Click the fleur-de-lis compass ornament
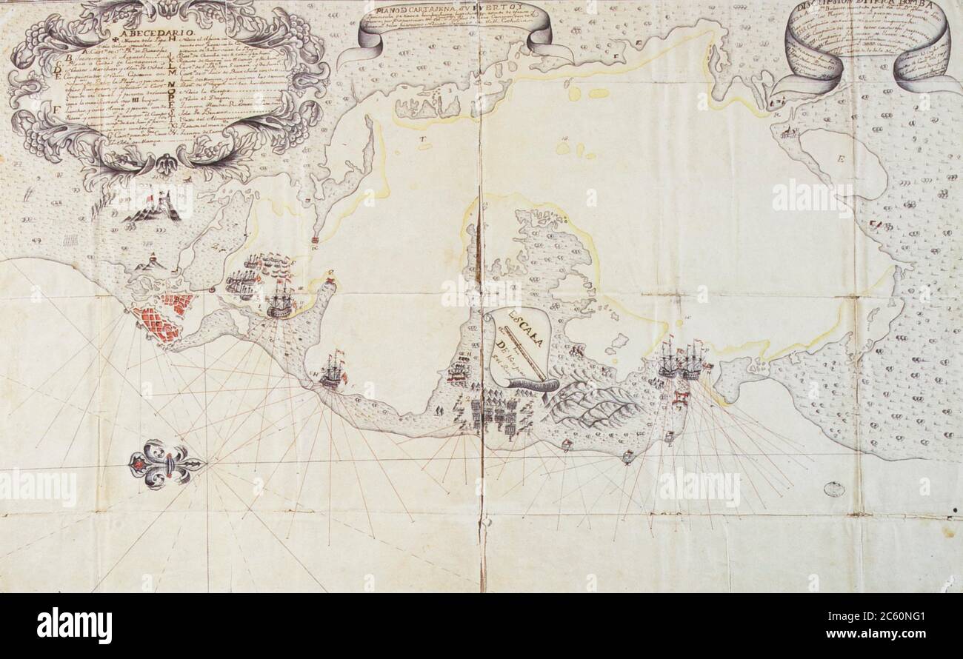point(164,464)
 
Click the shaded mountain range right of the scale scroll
point(593,406)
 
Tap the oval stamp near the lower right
point(834,489)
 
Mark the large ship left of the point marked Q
point(280,301)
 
